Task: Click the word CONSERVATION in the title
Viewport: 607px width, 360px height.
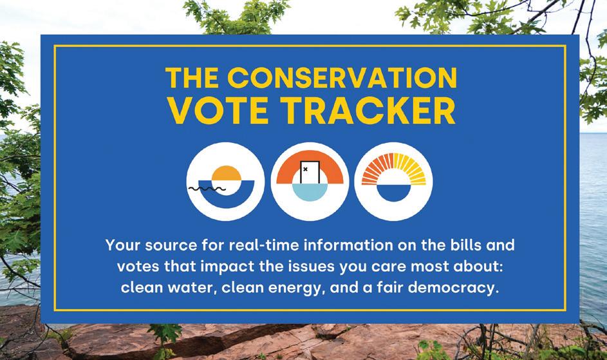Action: click(x=342, y=77)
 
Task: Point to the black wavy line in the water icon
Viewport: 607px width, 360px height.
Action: click(x=207, y=189)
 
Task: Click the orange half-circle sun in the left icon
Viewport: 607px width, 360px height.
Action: click(x=227, y=173)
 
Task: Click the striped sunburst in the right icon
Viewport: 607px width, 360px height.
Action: click(x=394, y=169)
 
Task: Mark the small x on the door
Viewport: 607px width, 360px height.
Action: click(x=306, y=169)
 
